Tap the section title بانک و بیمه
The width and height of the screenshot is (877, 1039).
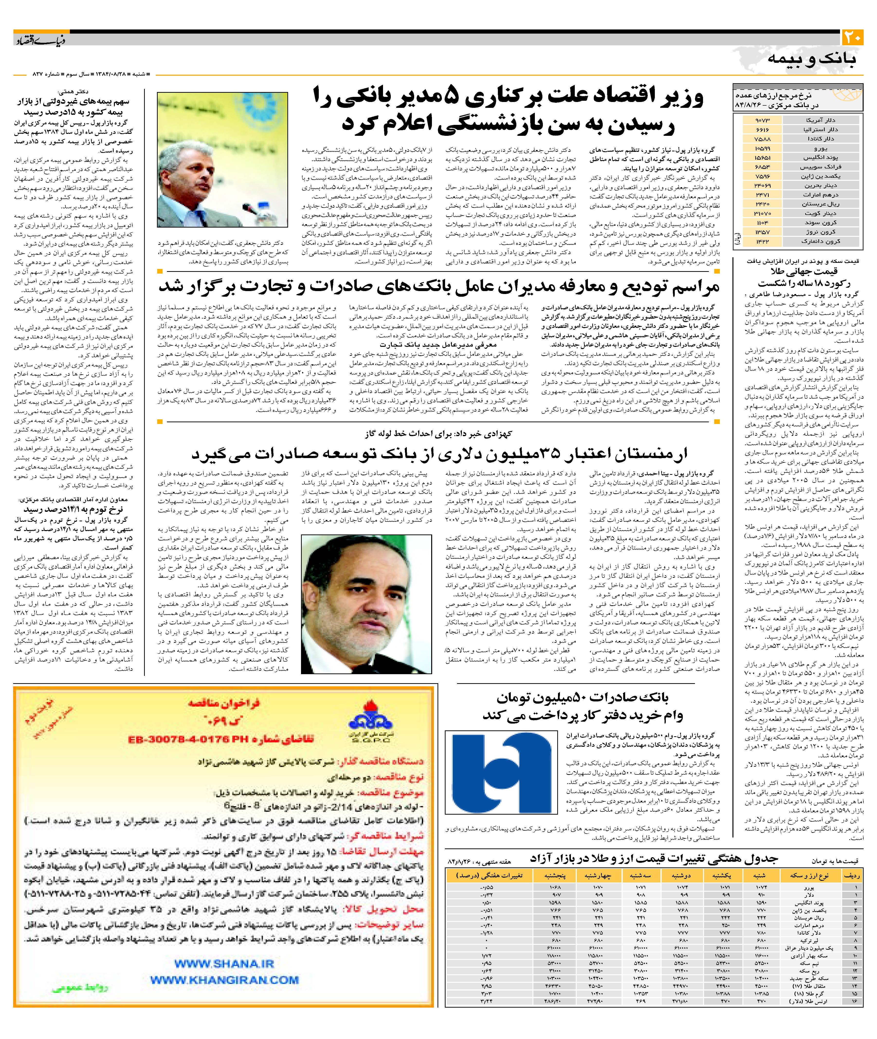click(811, 59)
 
